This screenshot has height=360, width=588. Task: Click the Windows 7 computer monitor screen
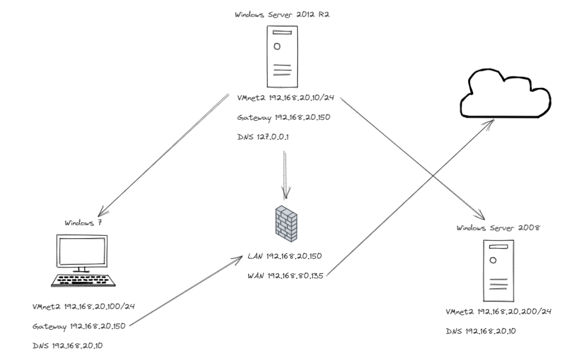pos(82,250)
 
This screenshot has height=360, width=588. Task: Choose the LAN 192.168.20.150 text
pos(284,256)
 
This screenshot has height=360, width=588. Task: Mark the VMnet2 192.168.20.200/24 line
pos(496,311)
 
